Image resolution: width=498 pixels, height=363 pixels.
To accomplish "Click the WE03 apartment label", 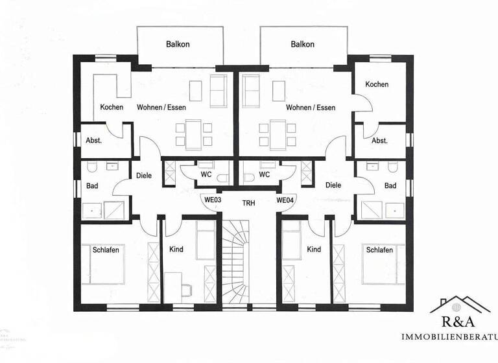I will (214, 200).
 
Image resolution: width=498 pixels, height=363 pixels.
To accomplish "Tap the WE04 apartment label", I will (285, 200).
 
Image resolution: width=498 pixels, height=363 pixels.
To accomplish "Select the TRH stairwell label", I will (248, 203).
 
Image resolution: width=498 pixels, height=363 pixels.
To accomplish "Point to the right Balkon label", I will (303, 45).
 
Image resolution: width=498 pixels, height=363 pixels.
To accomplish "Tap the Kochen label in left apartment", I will (112, 108).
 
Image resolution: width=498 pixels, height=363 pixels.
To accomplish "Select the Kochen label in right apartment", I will (377, 85).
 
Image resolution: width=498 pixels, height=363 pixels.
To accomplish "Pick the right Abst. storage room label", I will (380, 141).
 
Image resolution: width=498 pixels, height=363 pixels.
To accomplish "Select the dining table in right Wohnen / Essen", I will (276, 132).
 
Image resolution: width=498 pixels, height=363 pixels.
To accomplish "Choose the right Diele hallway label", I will (333, 185).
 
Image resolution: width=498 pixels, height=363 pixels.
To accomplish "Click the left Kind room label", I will (176, 250).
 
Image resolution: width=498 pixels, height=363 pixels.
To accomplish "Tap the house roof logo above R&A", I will (460, 305).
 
